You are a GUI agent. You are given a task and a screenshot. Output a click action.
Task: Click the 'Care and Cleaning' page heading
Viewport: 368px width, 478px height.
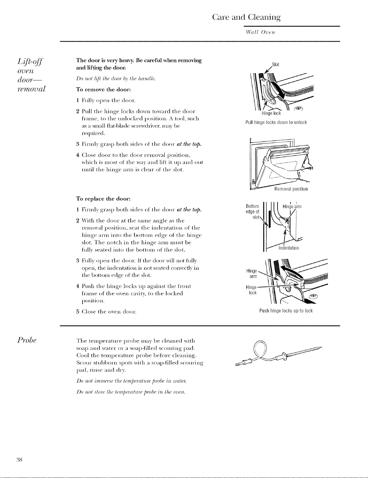[246, 17]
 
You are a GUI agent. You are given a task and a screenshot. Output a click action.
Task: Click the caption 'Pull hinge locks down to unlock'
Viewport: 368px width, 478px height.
[276, 122]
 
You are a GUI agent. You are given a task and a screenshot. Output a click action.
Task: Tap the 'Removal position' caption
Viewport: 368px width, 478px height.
[291, 189]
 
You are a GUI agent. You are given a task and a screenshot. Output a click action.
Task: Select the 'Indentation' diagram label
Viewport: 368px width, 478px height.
[289, 248]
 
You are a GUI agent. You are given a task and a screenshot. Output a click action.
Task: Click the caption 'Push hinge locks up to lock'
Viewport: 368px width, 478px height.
[286, 311]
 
